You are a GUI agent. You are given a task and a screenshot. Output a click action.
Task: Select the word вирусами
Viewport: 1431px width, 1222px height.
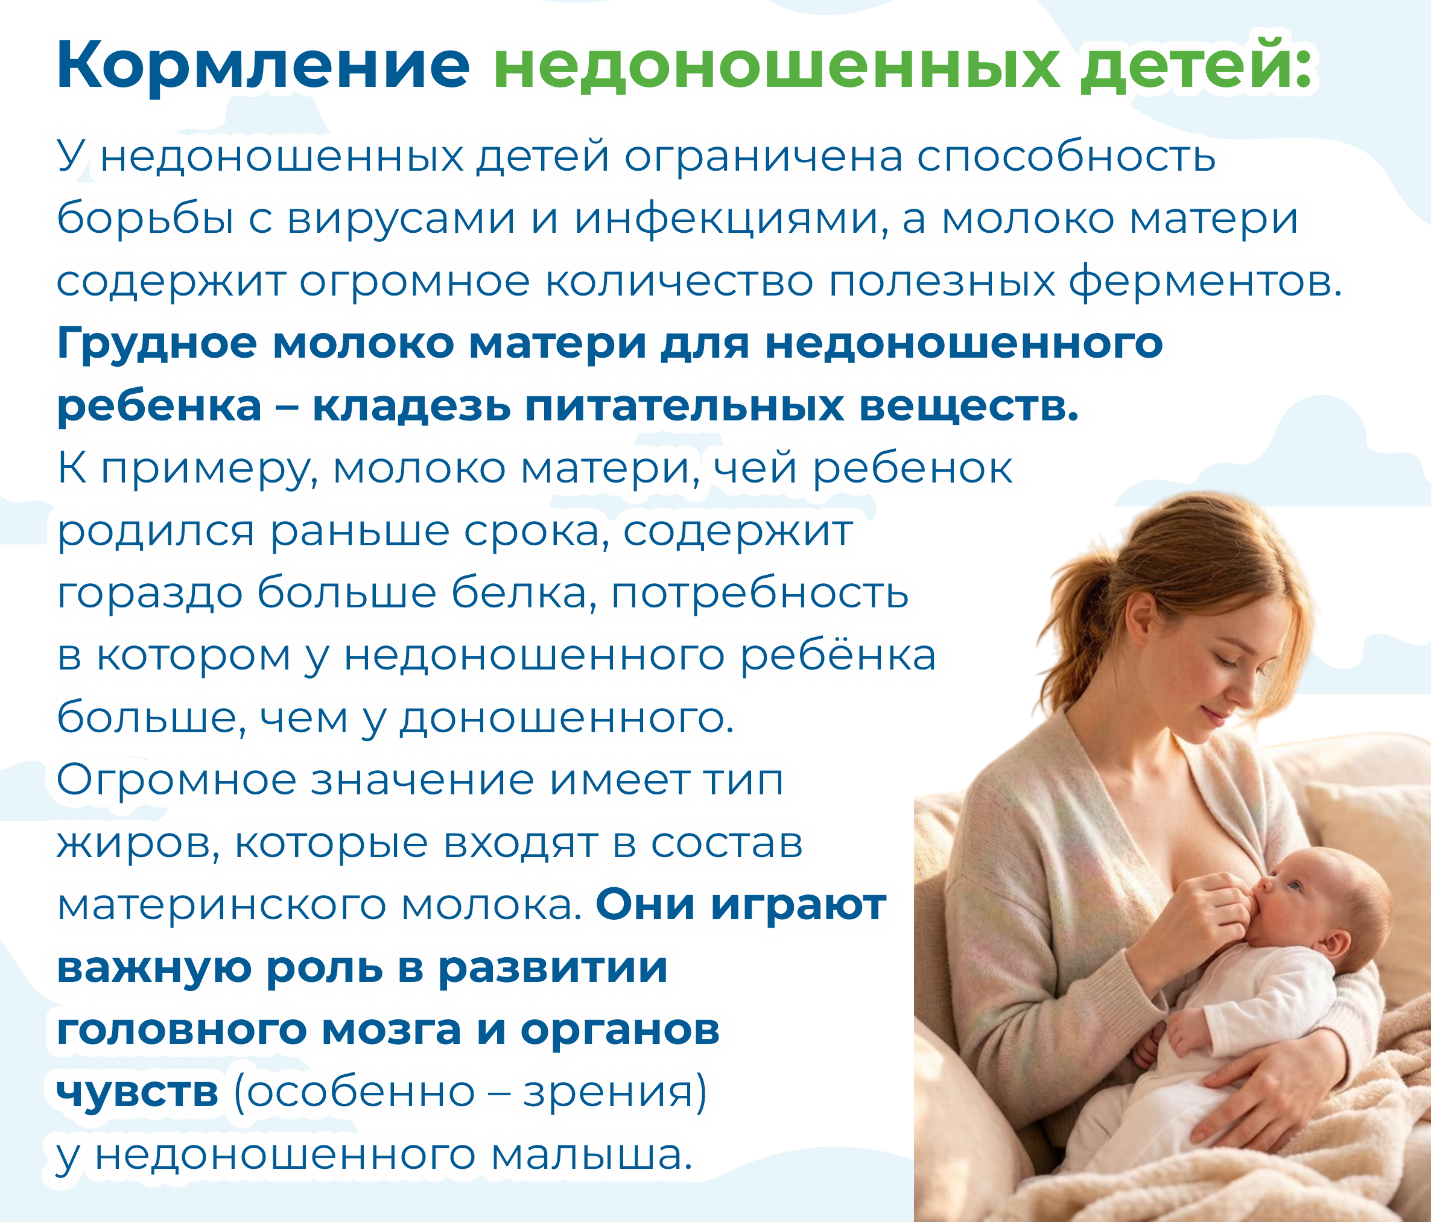(401, 220)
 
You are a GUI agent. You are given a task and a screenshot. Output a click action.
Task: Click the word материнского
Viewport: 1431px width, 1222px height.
(221, 907)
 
